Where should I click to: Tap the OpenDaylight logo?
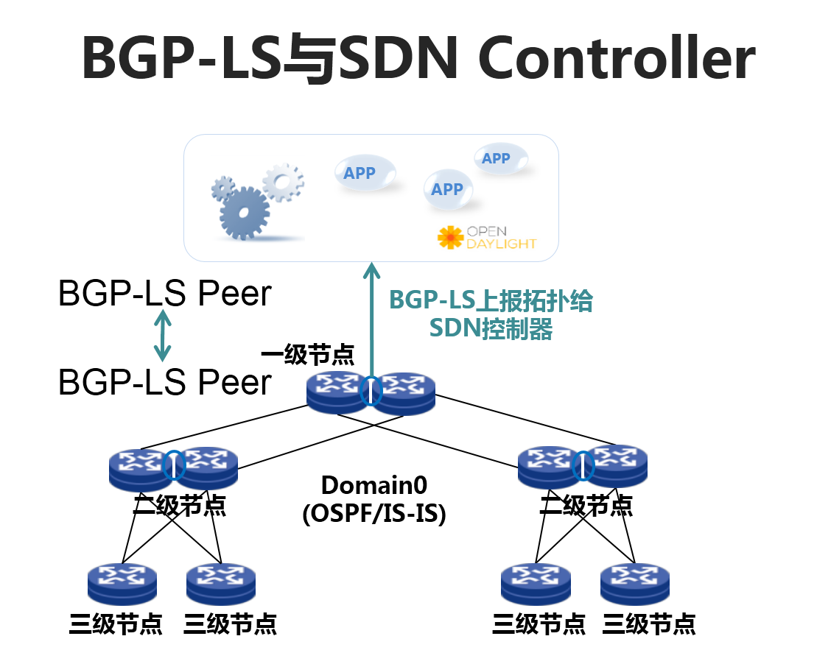(487, 237)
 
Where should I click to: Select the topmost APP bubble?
(500, 158)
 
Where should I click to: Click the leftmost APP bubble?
(360, 174)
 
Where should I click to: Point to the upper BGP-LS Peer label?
(165, 294)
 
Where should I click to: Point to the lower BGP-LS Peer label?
(165, 383)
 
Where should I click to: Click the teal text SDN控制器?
(491, 328)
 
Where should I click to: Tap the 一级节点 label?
(307, 354)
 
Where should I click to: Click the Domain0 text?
(374, 485)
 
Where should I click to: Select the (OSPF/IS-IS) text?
(374, 513)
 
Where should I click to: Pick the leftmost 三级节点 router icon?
(122, 584)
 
